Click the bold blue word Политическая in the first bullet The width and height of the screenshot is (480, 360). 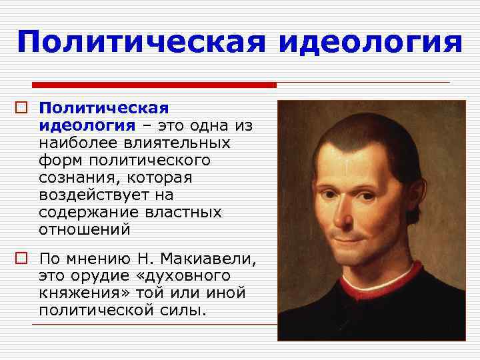pos(103,108)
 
